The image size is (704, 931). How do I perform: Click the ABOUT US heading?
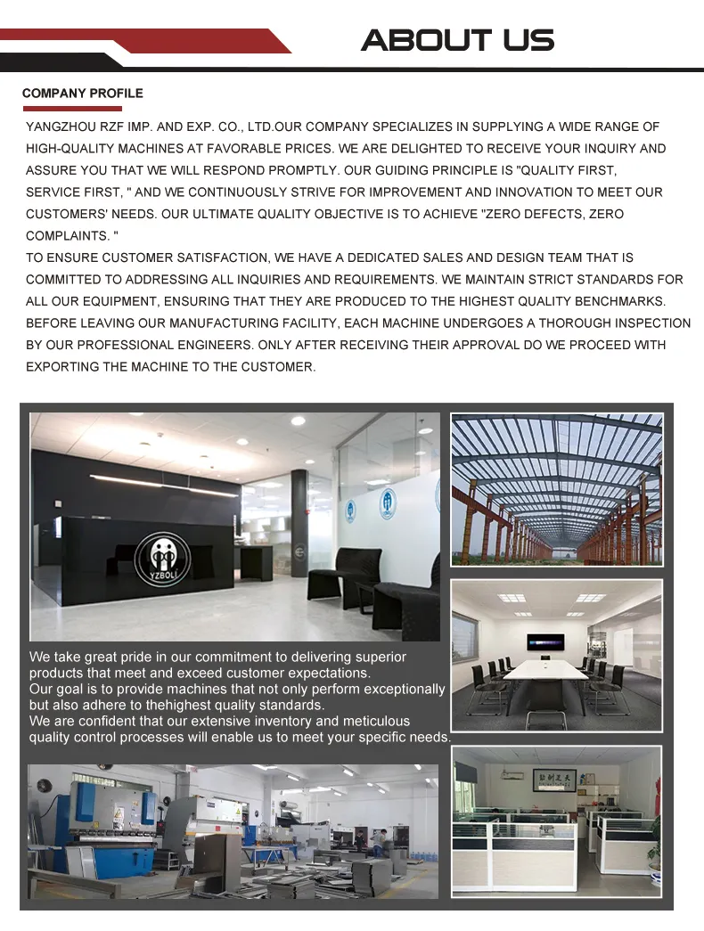click(457, 40)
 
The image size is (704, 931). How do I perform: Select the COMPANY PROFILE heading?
click(82, 94)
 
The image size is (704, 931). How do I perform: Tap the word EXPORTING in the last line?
click(62, 367)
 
